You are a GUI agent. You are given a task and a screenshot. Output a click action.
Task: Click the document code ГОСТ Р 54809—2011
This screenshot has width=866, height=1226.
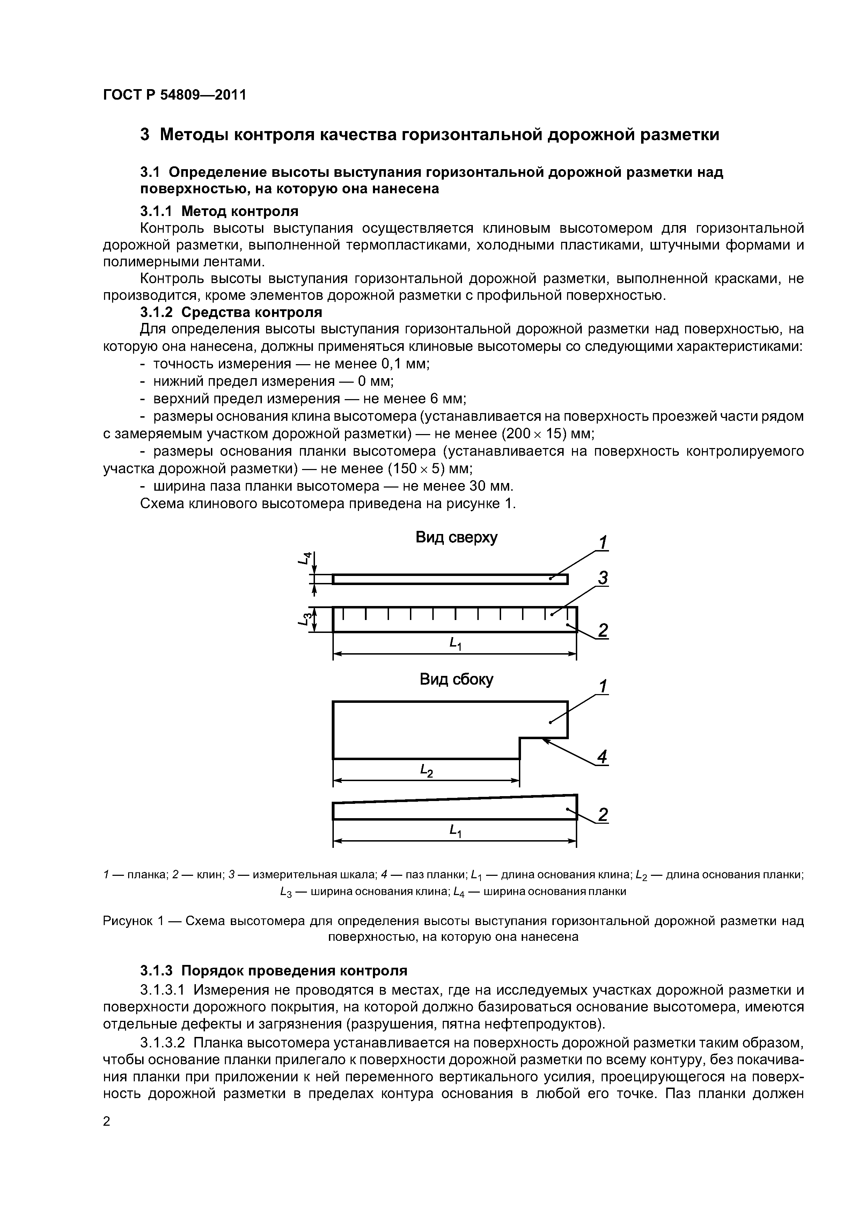pos(175,95)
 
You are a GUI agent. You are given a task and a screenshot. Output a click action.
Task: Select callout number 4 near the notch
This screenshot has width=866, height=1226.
pos(602,757)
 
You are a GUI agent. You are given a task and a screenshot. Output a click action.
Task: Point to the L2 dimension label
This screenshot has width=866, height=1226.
pos(426,770)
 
